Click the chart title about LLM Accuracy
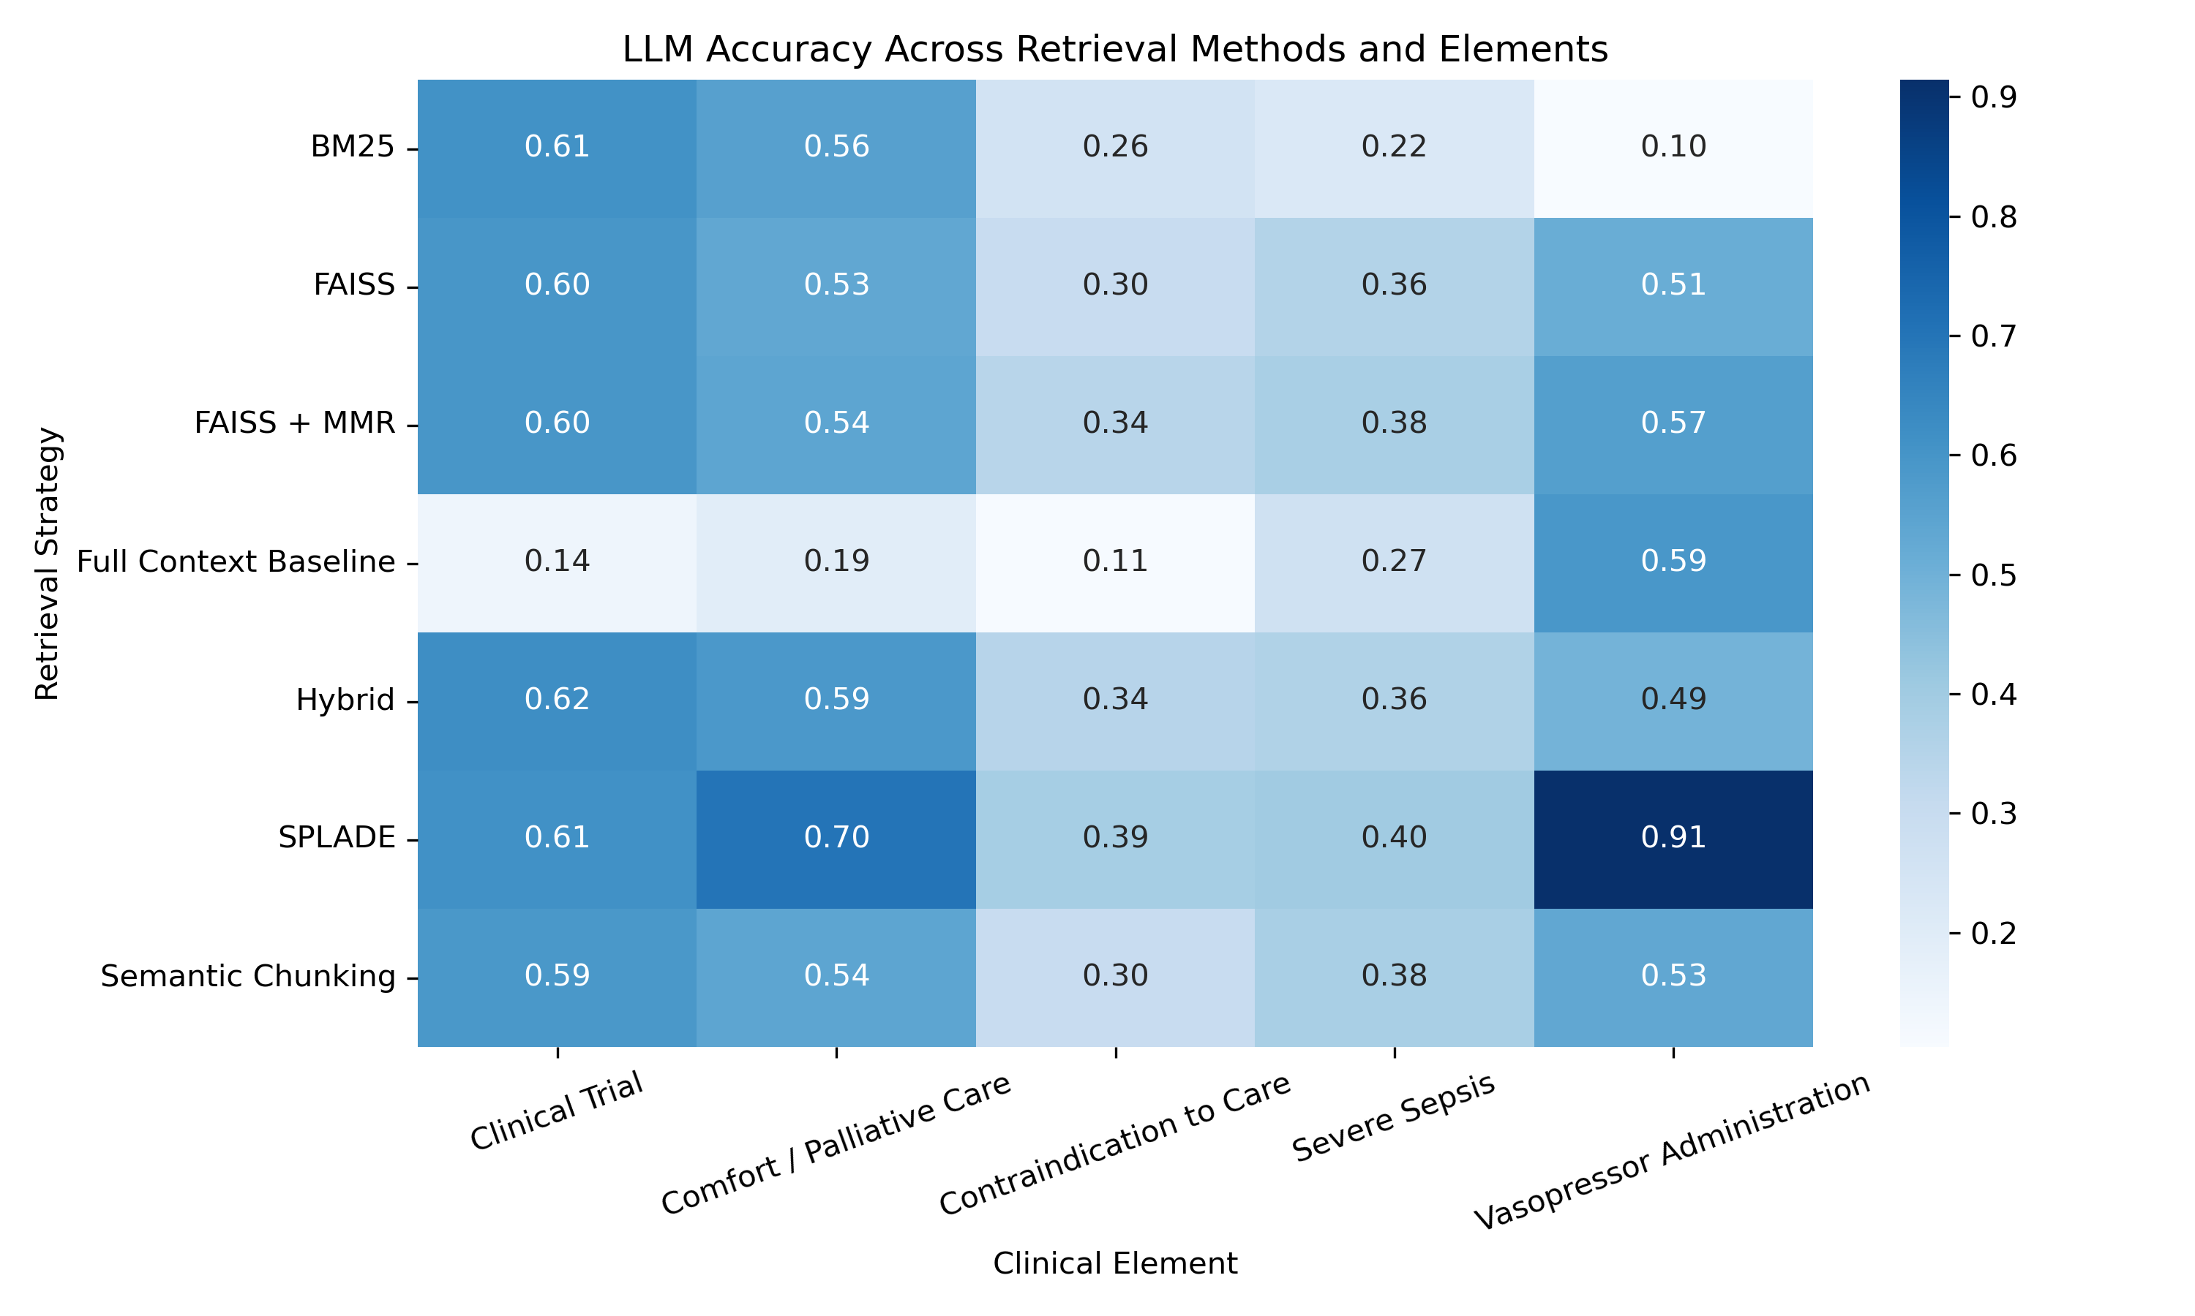click(1114, 49)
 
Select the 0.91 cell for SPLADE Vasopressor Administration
click(1673, 837)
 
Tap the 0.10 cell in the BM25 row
click(1673, 146)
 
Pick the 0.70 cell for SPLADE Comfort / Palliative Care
click(836, 837)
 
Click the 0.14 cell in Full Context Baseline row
click(558, 561)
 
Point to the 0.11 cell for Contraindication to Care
click(1115, 561)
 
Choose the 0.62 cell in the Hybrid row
click(558, 700)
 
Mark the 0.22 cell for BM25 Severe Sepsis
click(1394, 146)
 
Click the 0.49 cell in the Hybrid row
click(1673, 700)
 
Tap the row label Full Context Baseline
click(236, 562)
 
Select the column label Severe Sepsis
click(1394, 1117)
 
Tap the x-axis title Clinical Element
click(1114, 1263)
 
